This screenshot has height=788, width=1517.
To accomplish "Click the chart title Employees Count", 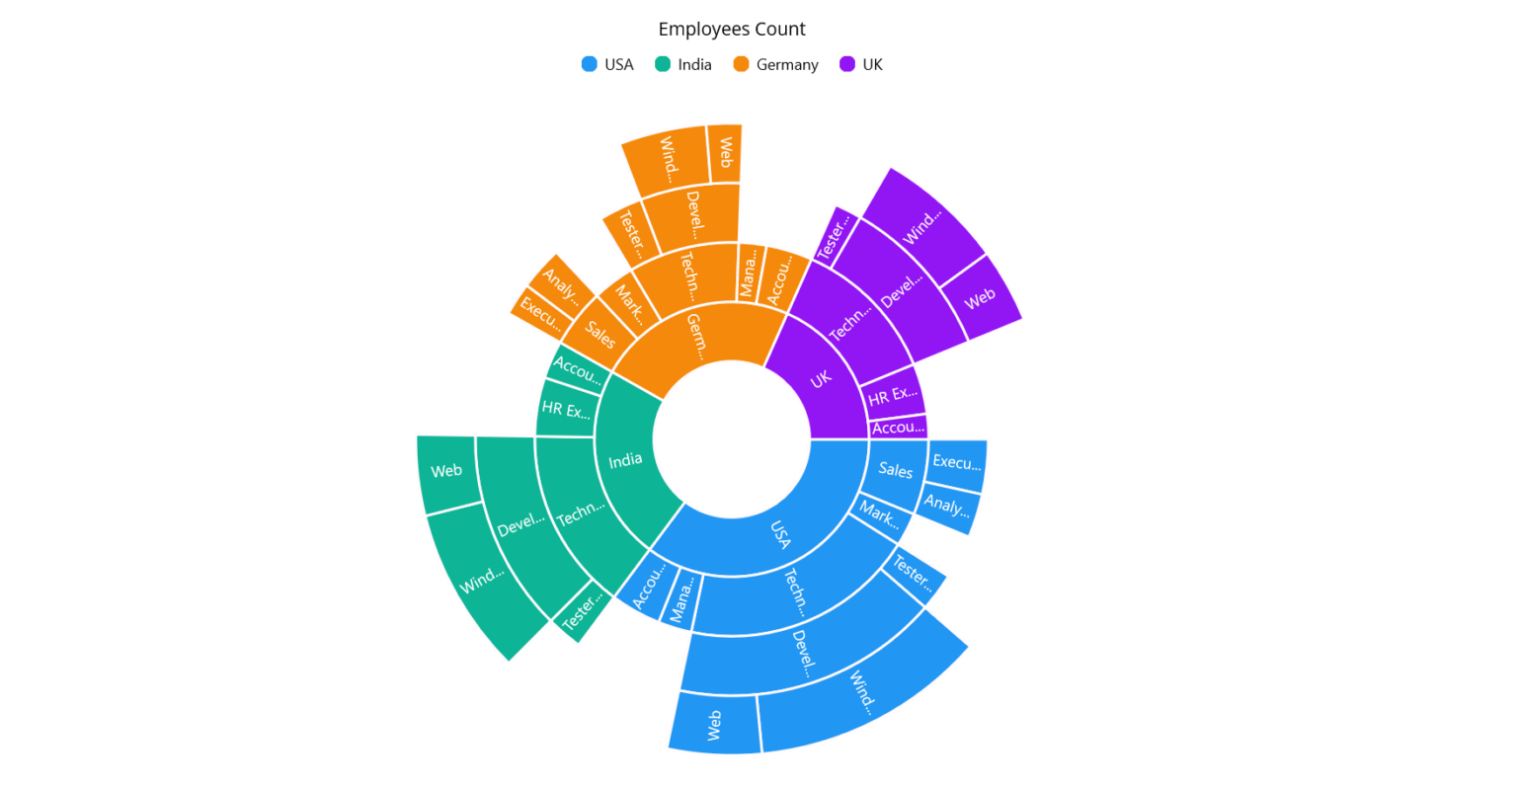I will click(731, 29).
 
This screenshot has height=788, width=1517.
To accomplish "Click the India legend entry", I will click(682, 64).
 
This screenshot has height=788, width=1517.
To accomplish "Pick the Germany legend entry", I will click(775, 64).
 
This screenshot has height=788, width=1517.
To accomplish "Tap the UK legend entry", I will click(860, 64).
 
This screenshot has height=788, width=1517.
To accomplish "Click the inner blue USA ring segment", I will click(780, 534).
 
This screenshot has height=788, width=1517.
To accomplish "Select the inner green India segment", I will click(625, 460).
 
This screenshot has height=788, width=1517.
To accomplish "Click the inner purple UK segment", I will click(821, 379).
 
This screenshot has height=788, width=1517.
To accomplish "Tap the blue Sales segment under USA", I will click(895, 470).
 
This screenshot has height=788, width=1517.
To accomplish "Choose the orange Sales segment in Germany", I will click(599, 334).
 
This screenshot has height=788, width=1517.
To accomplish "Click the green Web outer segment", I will click(446, 471).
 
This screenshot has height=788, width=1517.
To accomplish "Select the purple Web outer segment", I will click(979, 298).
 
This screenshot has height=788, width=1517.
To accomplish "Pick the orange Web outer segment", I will click(725, 152).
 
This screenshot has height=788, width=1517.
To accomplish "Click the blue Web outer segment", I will click(714, 725).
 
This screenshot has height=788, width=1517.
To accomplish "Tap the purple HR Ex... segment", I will click(892, 395).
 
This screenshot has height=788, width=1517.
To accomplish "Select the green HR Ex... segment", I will click(566, 410).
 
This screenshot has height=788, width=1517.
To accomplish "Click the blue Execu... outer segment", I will click(956, 462).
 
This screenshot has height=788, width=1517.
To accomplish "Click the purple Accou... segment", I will click(898, 428).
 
